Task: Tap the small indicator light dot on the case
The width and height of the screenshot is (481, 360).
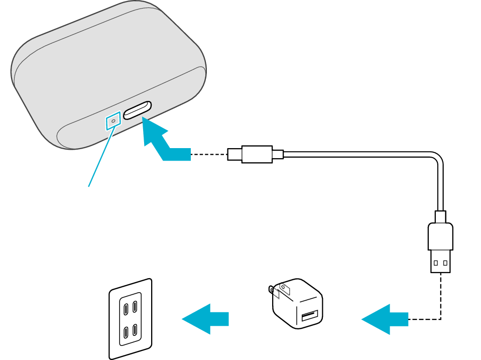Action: click(113, 121)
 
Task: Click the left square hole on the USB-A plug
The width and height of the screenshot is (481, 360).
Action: click(436, 263)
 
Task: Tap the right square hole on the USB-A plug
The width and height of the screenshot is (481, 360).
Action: click(445, 263)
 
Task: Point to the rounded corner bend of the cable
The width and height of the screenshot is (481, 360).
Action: click(436, 161)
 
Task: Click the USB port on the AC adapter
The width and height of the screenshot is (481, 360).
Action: click(309, 316)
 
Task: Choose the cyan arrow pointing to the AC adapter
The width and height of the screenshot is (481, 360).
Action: click(384, 319)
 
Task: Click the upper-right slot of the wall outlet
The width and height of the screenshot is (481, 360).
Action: click(136, 304)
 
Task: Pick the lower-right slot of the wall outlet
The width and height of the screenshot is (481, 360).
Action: click(136, 330)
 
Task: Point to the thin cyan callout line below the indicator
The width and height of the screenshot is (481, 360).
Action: click(100, 156)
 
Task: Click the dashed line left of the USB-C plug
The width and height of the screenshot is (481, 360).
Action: click(208, 154)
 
